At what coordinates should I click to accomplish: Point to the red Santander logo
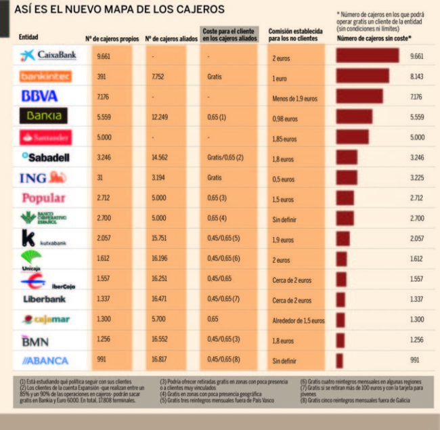tap(46, 137)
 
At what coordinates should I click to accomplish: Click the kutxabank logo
tap(43, 239)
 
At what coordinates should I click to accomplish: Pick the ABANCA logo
tap(47, 361)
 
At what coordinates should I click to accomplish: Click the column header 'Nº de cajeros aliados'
tap(169, 39)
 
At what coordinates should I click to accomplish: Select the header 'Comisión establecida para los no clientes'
tap(295, 35)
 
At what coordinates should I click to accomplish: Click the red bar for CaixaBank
tap(368, 56)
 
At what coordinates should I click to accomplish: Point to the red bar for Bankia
tap(354, 116)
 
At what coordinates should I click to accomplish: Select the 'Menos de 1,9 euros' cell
tap(294, 99)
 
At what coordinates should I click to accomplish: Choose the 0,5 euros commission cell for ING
tap(283, 179)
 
